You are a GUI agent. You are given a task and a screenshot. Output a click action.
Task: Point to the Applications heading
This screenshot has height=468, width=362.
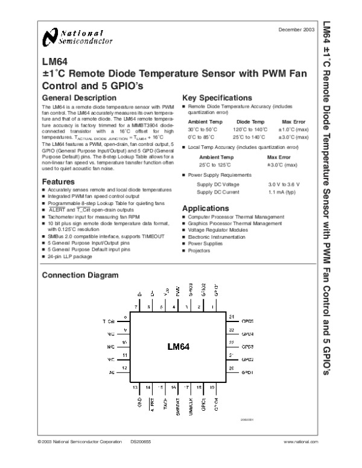pos(207,209)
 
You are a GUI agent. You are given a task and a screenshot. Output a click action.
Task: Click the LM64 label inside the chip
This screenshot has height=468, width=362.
pos(179,347)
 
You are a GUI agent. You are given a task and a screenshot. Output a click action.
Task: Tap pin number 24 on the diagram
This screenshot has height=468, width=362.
pos(231,317)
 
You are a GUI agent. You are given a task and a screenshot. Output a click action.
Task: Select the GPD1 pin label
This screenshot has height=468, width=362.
pos(248,374)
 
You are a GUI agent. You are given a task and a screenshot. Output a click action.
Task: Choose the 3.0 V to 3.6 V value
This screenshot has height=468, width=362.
pos(284,183)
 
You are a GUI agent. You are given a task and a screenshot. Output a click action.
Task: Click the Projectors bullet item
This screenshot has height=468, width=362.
pos(199,250)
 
